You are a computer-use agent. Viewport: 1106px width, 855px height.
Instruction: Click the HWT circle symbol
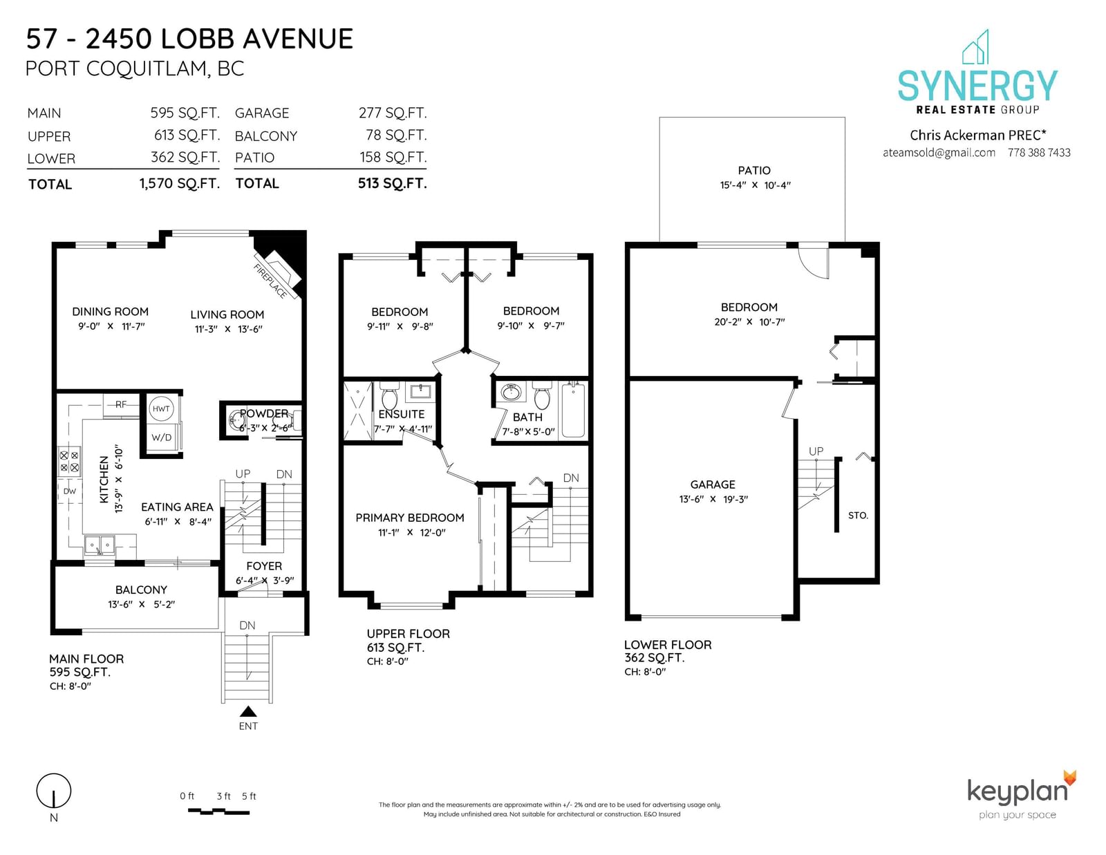pyautogui.click(x=161, y=408)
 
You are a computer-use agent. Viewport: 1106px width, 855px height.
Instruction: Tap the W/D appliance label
pyautogui.click(x=161, y=438)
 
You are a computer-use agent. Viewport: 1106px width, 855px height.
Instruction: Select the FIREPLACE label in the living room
pyautogui.click(x=270, y=281)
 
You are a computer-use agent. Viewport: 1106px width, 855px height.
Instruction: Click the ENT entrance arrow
pyautogui.click(x=248, y=711)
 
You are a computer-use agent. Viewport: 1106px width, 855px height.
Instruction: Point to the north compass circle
pyautogui.click(x=53, y=791)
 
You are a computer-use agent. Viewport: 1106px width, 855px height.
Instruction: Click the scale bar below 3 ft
pyautogui.click(x=219, y=811)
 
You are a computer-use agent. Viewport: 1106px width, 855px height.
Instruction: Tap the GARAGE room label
pyautogui.click(x=713, y=485)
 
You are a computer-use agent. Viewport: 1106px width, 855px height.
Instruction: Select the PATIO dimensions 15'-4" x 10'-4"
pyautogui.click(x=755, y=185)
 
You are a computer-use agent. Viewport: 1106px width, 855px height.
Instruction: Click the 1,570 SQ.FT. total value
pyautogui.click(x=180, y=183)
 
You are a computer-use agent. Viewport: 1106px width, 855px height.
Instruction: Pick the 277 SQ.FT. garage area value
pyautogui.click(x=393, y=113)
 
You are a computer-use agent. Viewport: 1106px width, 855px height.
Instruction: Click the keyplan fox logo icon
pyautogui.click(x=1070, y=778)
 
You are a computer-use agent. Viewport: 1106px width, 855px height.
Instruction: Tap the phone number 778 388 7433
pyautogui.click(x=1039, y=153)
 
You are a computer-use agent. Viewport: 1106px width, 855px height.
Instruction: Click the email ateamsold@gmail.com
pyautogui.click(x=939, y=153)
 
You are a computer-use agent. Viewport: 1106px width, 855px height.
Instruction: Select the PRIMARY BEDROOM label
pyautogui.click(x=410, y=518)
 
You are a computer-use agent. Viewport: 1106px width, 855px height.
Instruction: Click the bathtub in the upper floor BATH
pyautogui.click(x=574, y=410)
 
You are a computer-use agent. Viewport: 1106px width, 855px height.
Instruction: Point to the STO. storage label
pyautogui.click(x=858, y=516)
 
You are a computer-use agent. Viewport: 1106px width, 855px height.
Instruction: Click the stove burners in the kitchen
pyautogui.click(x=69, y=461)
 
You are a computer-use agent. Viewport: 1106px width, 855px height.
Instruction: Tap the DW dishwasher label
pyautogui.click(x=70, y=491)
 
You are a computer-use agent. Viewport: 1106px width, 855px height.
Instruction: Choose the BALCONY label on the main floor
pyautogui.click(x=141, y=590)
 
